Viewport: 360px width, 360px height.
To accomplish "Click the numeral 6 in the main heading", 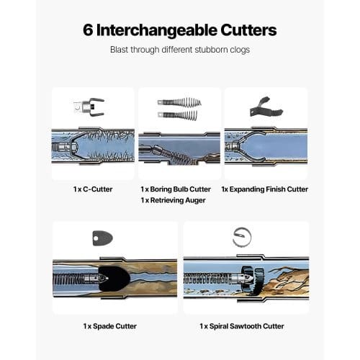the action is click(88, 30).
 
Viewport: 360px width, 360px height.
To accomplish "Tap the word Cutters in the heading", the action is click(248, 30).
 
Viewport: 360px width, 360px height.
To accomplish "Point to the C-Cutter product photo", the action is click(89, 107).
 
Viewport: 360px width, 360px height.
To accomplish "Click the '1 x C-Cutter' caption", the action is click(93, 189).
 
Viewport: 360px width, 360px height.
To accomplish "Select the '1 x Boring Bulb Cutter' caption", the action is click(176, 189).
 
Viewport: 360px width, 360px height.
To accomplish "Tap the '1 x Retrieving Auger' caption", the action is click(173, 200).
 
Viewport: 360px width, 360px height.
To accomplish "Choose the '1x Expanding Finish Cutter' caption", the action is click(264, 189).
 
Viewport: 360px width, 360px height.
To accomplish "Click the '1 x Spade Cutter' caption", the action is click(110, 326).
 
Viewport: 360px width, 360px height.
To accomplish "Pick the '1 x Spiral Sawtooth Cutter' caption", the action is click(242, 326).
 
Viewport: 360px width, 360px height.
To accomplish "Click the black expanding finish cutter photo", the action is click(266, 107).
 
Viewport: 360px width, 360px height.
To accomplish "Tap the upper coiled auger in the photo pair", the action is click(179, 102).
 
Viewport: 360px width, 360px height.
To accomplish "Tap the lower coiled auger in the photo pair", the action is click(178, 115).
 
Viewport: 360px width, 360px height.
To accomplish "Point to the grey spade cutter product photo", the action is click(102, 238).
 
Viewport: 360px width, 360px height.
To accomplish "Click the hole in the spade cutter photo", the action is click(96, 238).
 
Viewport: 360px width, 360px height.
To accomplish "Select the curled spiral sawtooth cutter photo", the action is click(242, 238).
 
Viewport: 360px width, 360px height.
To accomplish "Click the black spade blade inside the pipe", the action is click(114, 279).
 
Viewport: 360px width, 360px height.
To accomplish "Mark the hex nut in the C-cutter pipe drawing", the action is click(73, 146).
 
